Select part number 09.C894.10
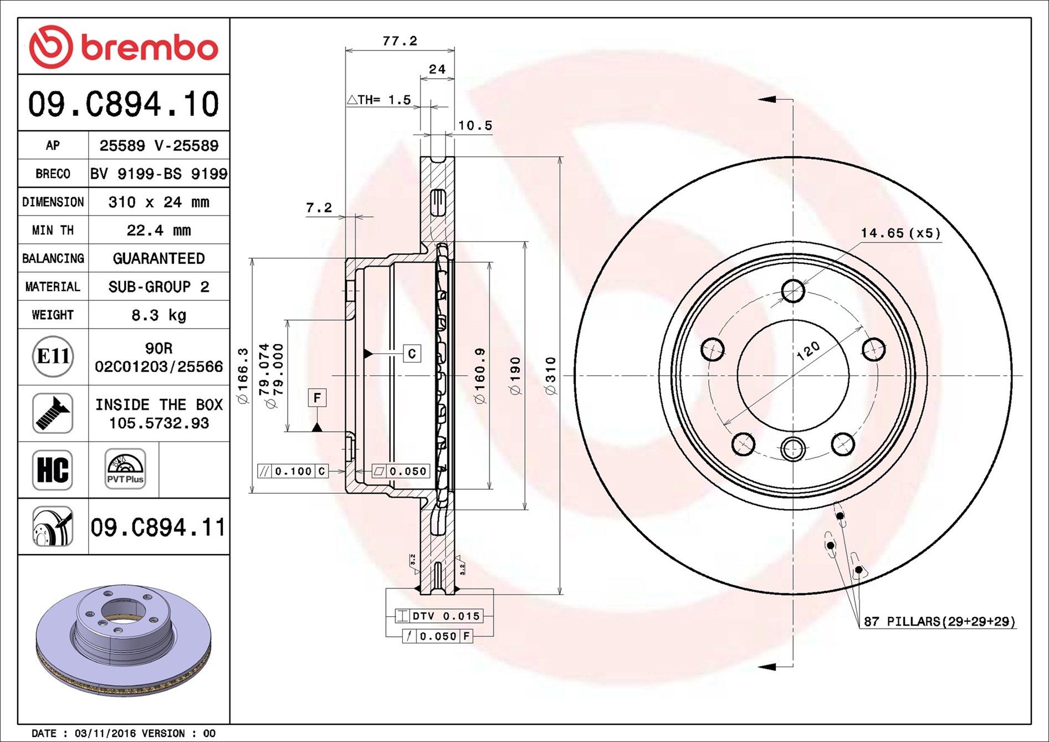click(124, 104)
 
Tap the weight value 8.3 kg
click(158, 315)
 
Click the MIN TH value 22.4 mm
click(158, 230)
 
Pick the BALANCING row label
click(53, 258)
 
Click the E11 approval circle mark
click(53, 356)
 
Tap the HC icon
click(53, 469)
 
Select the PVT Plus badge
click(125, 469)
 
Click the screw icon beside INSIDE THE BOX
click(53, 413)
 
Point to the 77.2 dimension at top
click(400, 41)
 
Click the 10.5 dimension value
click(475, 126)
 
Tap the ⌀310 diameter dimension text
click(550, 376)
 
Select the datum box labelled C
click(412, 354)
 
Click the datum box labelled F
click(317, 397)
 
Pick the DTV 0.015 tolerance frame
click(439, 616)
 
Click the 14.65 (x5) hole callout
click(900, 233)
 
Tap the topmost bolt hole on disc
click(793, 290)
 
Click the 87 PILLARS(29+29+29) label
click(940, 621)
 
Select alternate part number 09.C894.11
click(158, 527)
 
